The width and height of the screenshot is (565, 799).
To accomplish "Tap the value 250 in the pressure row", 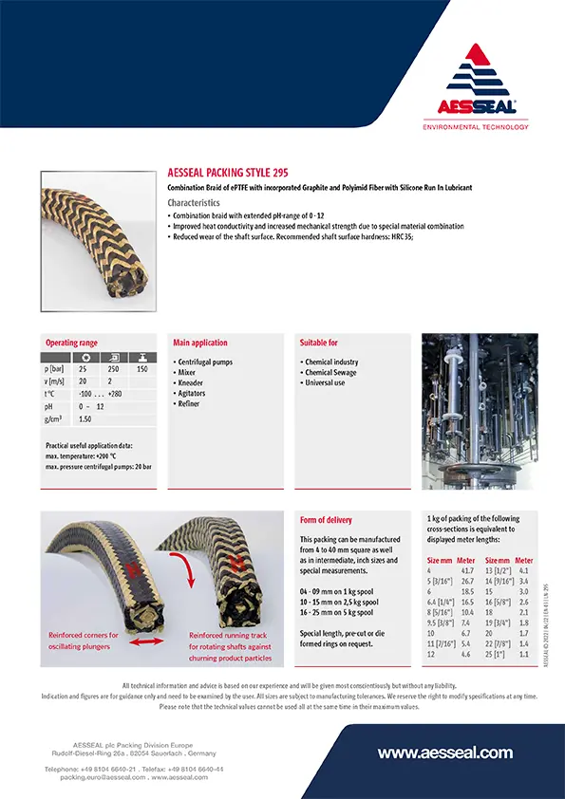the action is click(113, 368).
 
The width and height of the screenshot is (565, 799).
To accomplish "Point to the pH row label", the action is click(49, 406).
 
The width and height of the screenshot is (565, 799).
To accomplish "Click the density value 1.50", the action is click(85, 418).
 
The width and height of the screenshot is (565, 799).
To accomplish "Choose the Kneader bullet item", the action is click(193, 382).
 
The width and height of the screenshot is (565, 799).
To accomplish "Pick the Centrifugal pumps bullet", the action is click(205, 362).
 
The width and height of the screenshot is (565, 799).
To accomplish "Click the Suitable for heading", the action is click(319, 343).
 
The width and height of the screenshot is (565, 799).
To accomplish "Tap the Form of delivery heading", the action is click(326, 520).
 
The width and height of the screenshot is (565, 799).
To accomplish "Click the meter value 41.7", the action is click(467, 570).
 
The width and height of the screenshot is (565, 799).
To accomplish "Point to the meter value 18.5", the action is click(467, 591).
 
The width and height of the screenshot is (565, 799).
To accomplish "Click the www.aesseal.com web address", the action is click(445, 753).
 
